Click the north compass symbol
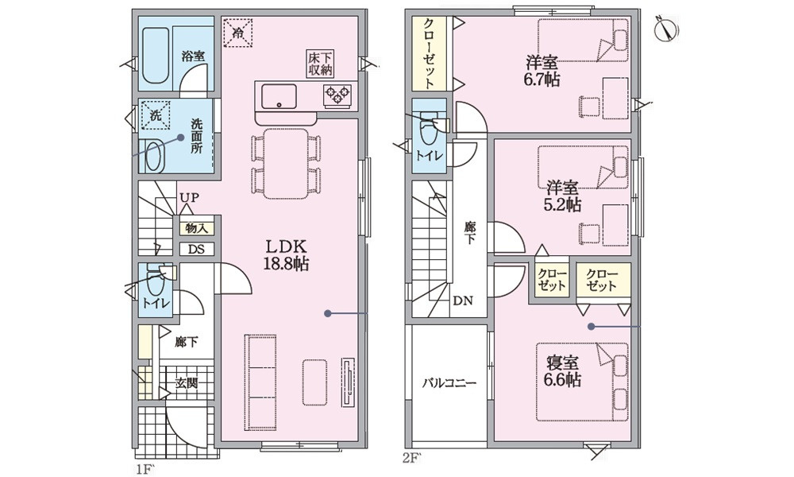pyautogui.click(x=667, y=29)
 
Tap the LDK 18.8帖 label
pyautogui.click(x=286, y=255)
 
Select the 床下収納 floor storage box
pyautogui.click(x=320, y=64)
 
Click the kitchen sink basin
pyautogui.click(x=279, y=96)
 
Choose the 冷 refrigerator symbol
pyautogui.click(x=237, y=33)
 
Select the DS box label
pyautogui.click(x=197, y=249)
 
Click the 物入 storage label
pyautogui.click(x=197, y=228)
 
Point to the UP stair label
pyautogui.click(x=188, y=197)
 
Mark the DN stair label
pyautogui.click(x=462, y=301)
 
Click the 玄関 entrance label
pyautogui.click(x=187, y=383)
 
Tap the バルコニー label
pyautogui.click(x=449, y=383)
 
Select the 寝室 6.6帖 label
pyautogui.click(x=563, y=370)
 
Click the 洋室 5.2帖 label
pyautogui.click(x=563, y=196)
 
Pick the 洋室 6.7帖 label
pyautogui.click(x=542, y=71)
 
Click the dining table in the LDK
pyautogui.click(x=286, y=163)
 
